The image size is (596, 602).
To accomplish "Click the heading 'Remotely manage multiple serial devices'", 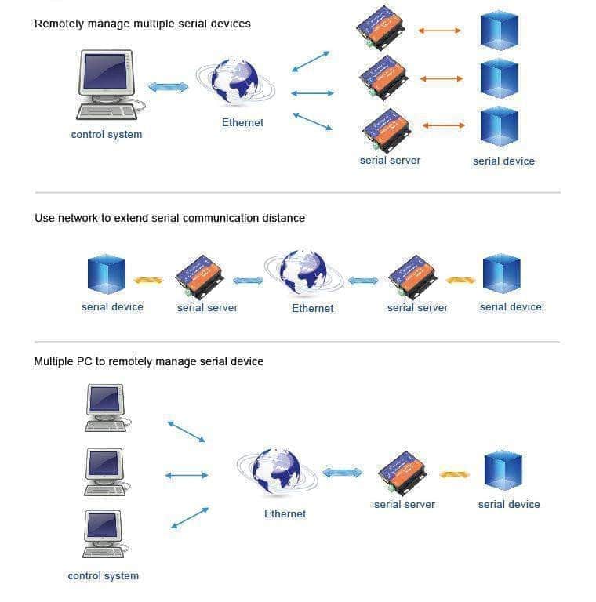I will pyautogui.click(x=143, y=24).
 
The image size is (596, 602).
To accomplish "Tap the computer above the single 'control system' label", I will pyautogui.click(x=107, y=84).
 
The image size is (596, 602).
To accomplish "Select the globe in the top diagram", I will pyautogui.click(x=235, y=82).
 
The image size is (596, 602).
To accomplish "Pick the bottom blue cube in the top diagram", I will pyautogui.click(x=499, y=126).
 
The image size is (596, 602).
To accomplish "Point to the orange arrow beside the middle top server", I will pyautogui.click(x=442, y=78).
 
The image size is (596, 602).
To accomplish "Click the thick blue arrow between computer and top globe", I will pyautogui.click(x=169, y=87).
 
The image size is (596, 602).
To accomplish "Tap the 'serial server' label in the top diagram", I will pyautogui.click(x=390, y=161).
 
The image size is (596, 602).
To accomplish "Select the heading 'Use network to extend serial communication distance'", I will pyautogui.click(x=169, y=218).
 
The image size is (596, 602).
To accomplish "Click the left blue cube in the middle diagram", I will pyautogui.click(x=107, y=274).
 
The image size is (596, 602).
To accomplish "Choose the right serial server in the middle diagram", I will pyautogui.click(x=412, y=277).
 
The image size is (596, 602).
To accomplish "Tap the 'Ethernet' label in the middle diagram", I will pyautogui.click(x=313, y=308).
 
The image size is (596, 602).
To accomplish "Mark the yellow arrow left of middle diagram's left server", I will pyautogui.click(x=148, y=280).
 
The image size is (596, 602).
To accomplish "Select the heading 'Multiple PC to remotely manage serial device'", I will pyautogui.click(x=149, y=361).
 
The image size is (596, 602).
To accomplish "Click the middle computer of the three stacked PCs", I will pyautogui.click(x=104, y=470).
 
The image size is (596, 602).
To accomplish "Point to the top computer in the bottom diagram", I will pyautogui.click(x=104, y=406).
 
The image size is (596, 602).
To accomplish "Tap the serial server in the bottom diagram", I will pyautogui.click(x=402, y=472).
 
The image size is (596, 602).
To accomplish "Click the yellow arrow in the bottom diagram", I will pyautogui.click(x=455, y=473).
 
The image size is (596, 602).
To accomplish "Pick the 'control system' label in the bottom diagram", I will pyautogui.click(x=104, y=576).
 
